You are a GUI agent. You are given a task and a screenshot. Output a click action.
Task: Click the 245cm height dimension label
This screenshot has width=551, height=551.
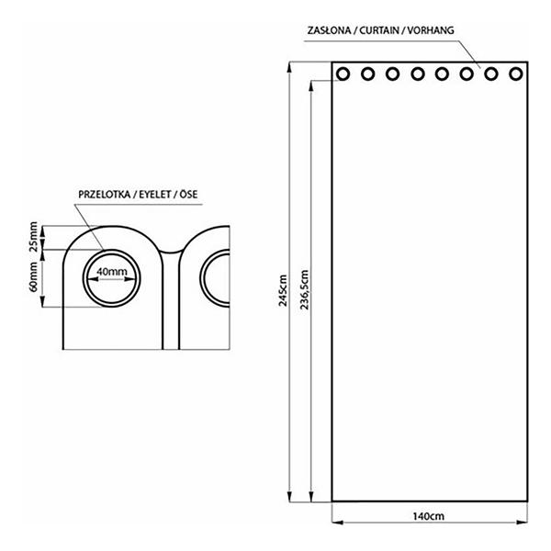coord(283,290)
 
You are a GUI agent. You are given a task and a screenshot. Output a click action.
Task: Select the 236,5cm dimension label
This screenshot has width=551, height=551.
coord(305,289)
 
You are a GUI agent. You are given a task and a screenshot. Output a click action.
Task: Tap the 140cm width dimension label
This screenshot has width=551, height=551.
coord(428,516)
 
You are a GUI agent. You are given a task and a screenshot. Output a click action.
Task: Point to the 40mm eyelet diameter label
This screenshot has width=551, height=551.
coord(112,272)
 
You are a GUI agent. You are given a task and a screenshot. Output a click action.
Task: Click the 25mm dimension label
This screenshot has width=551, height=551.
coord(33,237)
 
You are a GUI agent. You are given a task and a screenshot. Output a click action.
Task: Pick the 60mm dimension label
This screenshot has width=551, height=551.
coord(33,276)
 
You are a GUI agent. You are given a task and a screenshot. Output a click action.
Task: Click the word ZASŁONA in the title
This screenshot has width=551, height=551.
coord(329,30)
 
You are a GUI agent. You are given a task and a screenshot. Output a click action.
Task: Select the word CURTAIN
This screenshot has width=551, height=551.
coord(379,30)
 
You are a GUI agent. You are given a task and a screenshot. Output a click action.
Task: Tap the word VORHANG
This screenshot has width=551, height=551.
coord(431,30)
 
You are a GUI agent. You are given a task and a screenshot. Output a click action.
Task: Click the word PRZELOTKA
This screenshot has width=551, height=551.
coord(104,195)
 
